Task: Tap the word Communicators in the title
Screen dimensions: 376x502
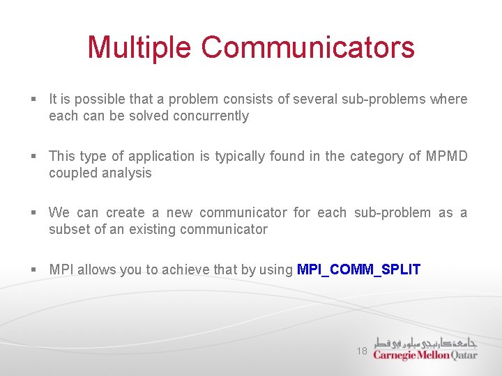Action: [x=308, y=48]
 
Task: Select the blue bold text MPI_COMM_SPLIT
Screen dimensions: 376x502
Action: [x=358, y=269]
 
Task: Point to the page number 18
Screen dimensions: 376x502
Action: [x=362, y=352]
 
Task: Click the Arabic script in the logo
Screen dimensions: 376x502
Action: [x=425, y=342]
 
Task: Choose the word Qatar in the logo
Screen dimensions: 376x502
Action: [x=464, y=354]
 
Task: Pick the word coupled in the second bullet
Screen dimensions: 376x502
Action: [x=72, y=173]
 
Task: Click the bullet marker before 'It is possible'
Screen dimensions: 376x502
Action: [x=34, y=100]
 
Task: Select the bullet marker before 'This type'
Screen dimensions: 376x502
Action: [x=34, y=157]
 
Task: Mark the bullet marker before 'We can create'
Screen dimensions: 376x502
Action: [x=34, y=213]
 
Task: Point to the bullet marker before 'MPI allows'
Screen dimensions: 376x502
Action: [x=34, y=270]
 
